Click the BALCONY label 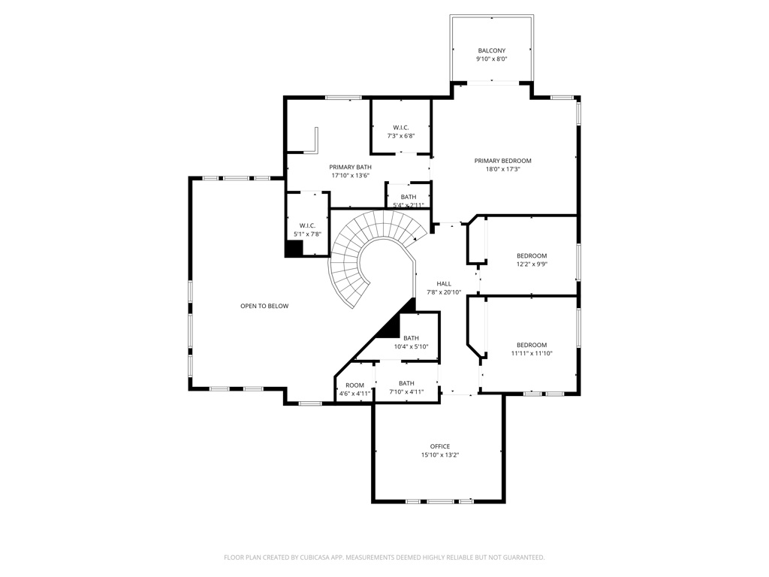[x=491, y=50]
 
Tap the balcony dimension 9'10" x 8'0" [x=491, y=59]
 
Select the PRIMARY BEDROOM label [x=502, y=161]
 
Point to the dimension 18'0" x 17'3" [x=502, y=169]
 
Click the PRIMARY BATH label [x=350, y=168]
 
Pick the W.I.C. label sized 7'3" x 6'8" [x=401, y=128]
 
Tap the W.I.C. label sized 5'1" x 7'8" [x=307, y=225]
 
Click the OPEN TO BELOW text [x=264, y=307]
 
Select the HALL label [x=444, y=284]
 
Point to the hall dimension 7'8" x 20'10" [x=444, y=292]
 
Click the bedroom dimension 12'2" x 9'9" [x=532, y=264]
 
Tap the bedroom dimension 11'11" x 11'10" [x=532, y=353]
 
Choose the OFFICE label [x=440, y=446]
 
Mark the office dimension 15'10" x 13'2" [x=440, y=455]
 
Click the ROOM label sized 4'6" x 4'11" [x=354, y=385]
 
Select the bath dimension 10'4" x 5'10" [x=411, y=347]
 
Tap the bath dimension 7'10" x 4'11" [x=406, y=392]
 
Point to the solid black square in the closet [x=294, y=248]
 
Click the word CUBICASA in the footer [x=316, y=557]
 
